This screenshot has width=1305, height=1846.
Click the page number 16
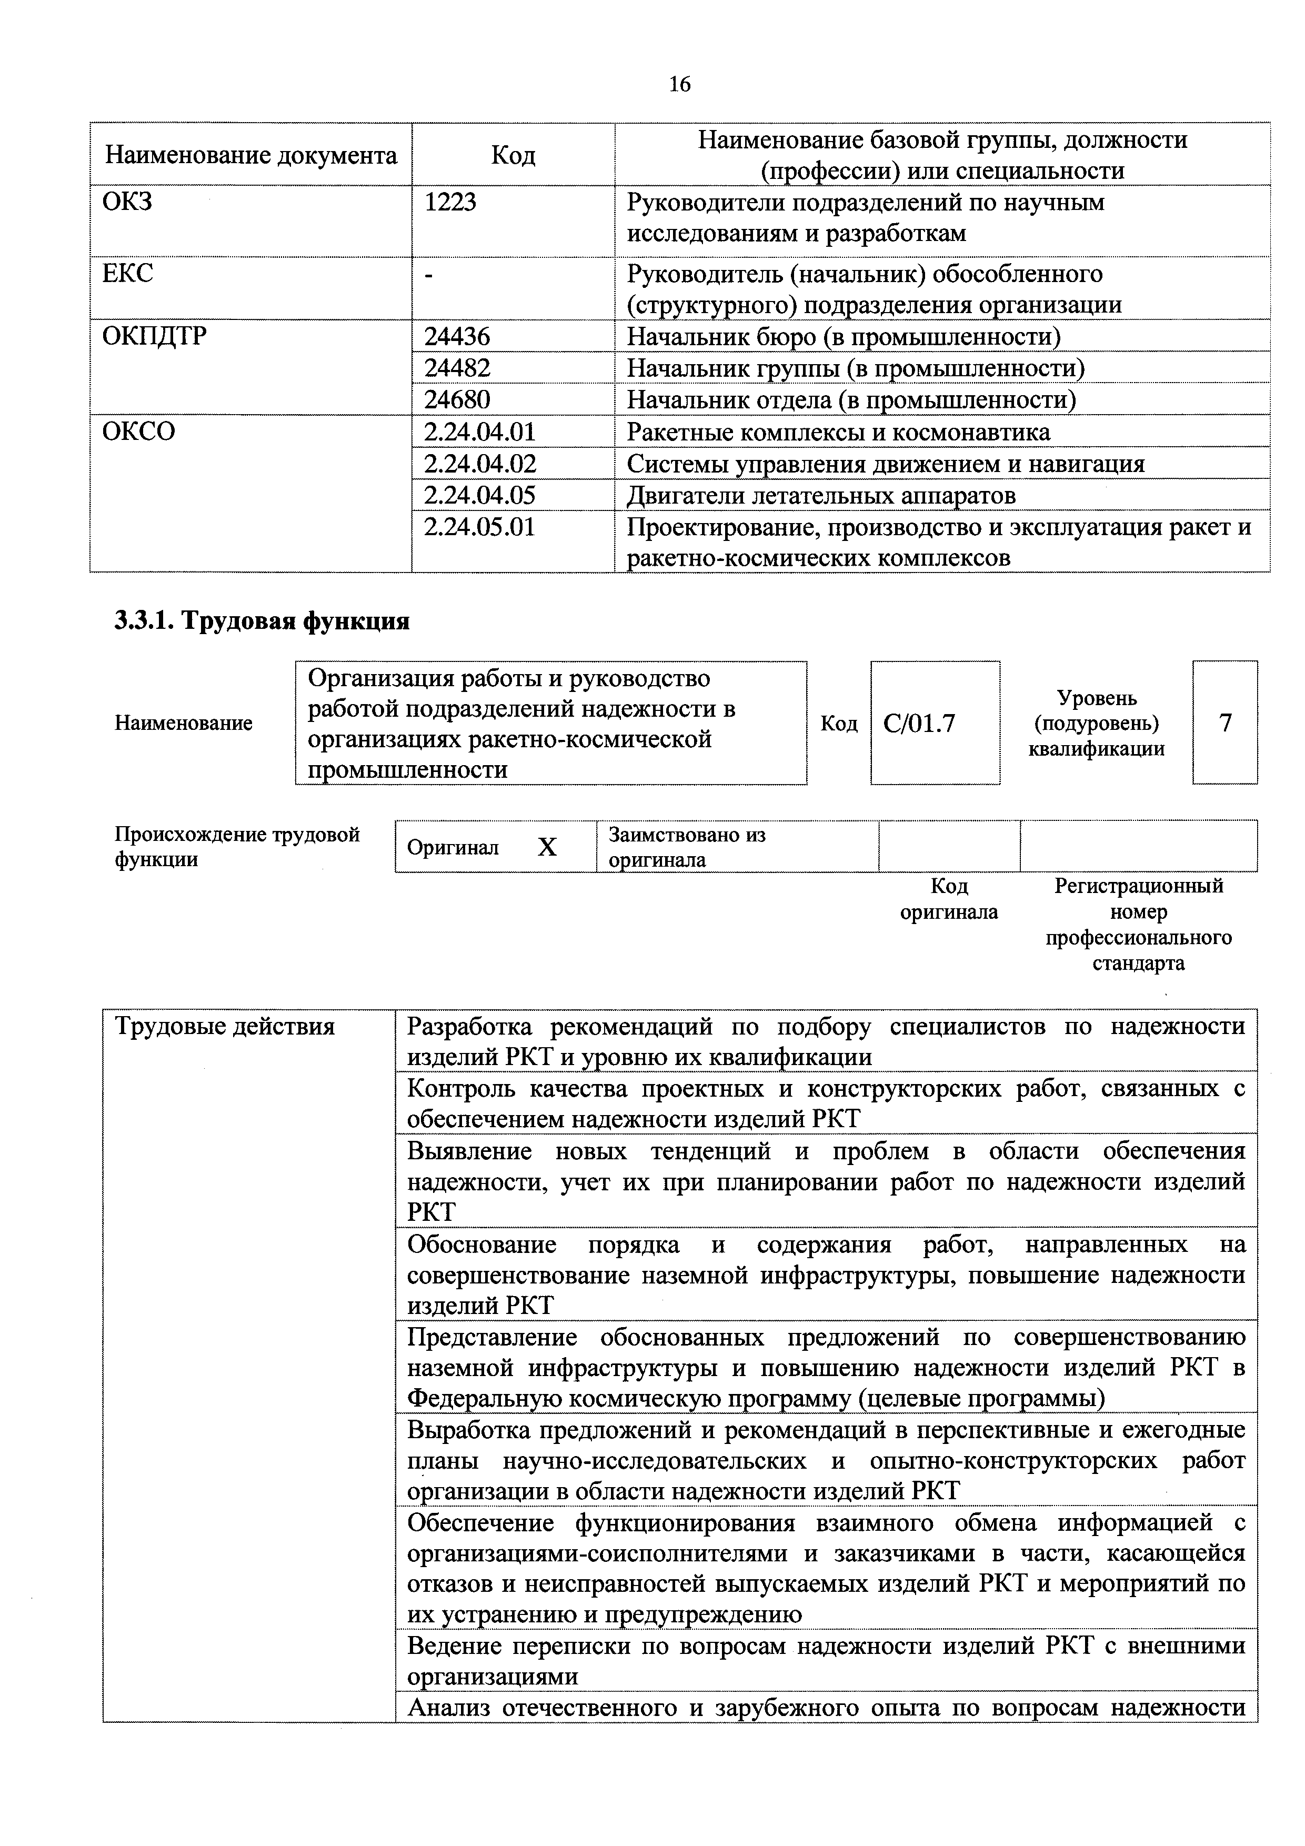(x=679, y=84)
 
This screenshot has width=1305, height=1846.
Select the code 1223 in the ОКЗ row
(x=450, y=202)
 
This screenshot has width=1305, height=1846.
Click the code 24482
(x=457, y=368)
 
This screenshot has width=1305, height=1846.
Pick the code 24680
(x=457, y=399)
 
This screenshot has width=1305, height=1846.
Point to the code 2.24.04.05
(x=479, y=495)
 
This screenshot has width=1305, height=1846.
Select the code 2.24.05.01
(x=479, y=527)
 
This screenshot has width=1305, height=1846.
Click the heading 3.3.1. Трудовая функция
(x=262, y=621)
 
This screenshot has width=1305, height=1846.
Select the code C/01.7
(x=919, y=724)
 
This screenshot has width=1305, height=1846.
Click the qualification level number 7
(x=1224, y=724)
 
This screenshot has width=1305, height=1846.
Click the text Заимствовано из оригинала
(x=687, y=847)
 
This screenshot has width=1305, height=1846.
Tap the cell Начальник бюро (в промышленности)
(x=844, y=336)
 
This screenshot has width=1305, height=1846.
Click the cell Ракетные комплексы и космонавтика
(x=838, y=432)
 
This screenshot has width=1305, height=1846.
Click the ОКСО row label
(x=138, y=432)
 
